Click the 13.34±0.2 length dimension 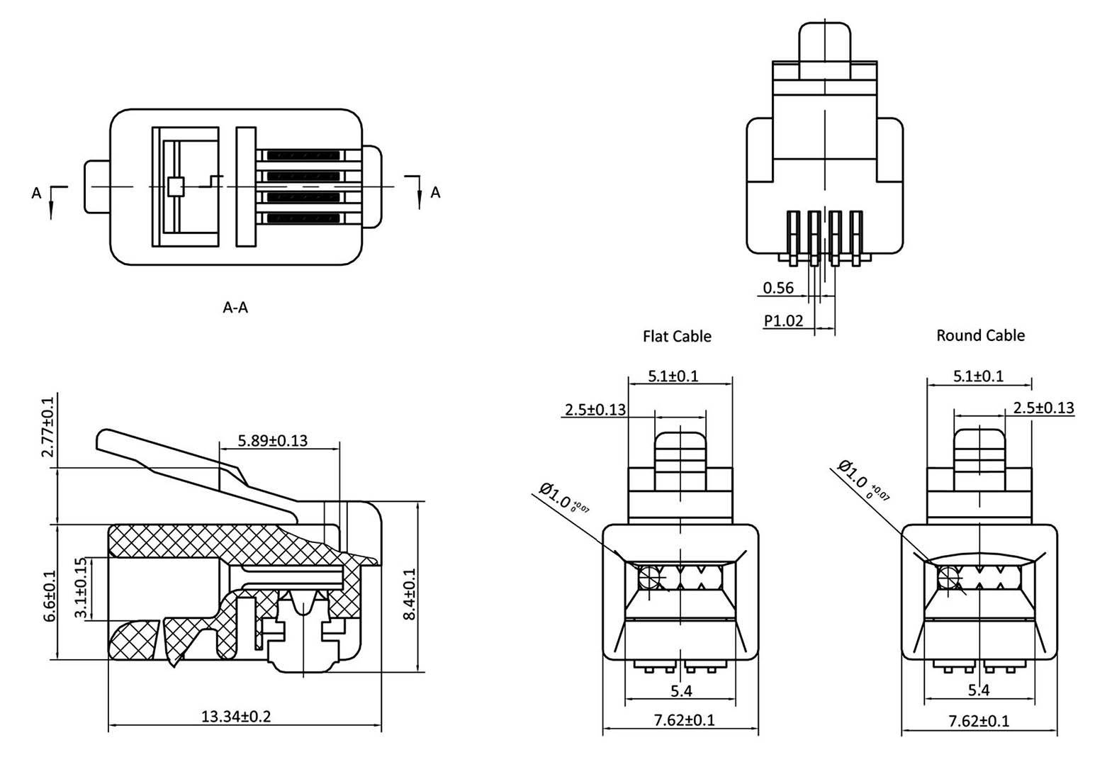tap(236, 716)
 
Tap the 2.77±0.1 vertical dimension tap(47, 430)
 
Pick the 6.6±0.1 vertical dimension tap(48, 595)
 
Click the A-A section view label tap(235, 308)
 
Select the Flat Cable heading tap(677, 336)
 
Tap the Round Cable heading tap(980, 335)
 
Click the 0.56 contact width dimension tap(777, 287)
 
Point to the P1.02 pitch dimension tap(784, 320)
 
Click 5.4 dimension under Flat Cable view tap(681, 690)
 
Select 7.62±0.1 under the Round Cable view tap(979, 721)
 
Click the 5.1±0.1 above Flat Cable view tap(673, 376)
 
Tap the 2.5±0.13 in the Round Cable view tap(1043, 408)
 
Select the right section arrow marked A tap(420, 190)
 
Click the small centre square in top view tap(176, 186)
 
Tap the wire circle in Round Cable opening tap(948, 579)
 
